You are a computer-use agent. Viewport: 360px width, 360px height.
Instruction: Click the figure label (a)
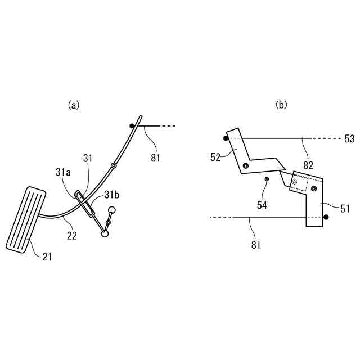pos(74,105)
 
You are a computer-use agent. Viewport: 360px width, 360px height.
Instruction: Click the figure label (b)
pos(281,105)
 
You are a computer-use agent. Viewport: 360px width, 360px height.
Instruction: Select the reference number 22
pos(72,235)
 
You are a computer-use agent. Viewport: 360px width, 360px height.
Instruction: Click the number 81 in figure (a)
pos(155,158)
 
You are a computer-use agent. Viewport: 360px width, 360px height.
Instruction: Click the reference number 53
pos(349,138)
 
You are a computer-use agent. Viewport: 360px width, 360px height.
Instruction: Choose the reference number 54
pos(262,205)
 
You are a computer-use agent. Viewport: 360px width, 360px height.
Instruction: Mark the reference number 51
pos(344,208)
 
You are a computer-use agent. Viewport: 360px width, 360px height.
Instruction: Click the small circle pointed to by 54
pos(267,179)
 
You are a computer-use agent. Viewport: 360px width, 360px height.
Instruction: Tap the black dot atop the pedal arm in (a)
pos(132,125)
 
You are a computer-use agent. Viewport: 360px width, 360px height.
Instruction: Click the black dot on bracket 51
pos(326,217)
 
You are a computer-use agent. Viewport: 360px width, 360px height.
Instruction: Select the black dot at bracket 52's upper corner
pos(226,138)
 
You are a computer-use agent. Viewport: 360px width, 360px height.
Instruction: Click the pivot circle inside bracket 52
pos(246,165)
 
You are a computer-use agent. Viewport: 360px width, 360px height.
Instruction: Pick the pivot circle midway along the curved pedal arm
pos(114,165)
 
